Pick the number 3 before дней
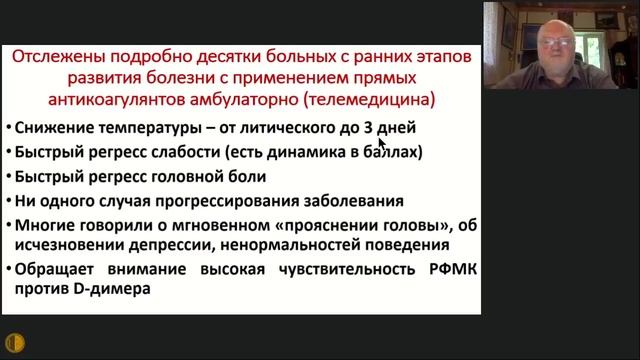[368, 129]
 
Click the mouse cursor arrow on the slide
[382, 143]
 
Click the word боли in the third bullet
[245, 177]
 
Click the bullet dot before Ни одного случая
[9, 202]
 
